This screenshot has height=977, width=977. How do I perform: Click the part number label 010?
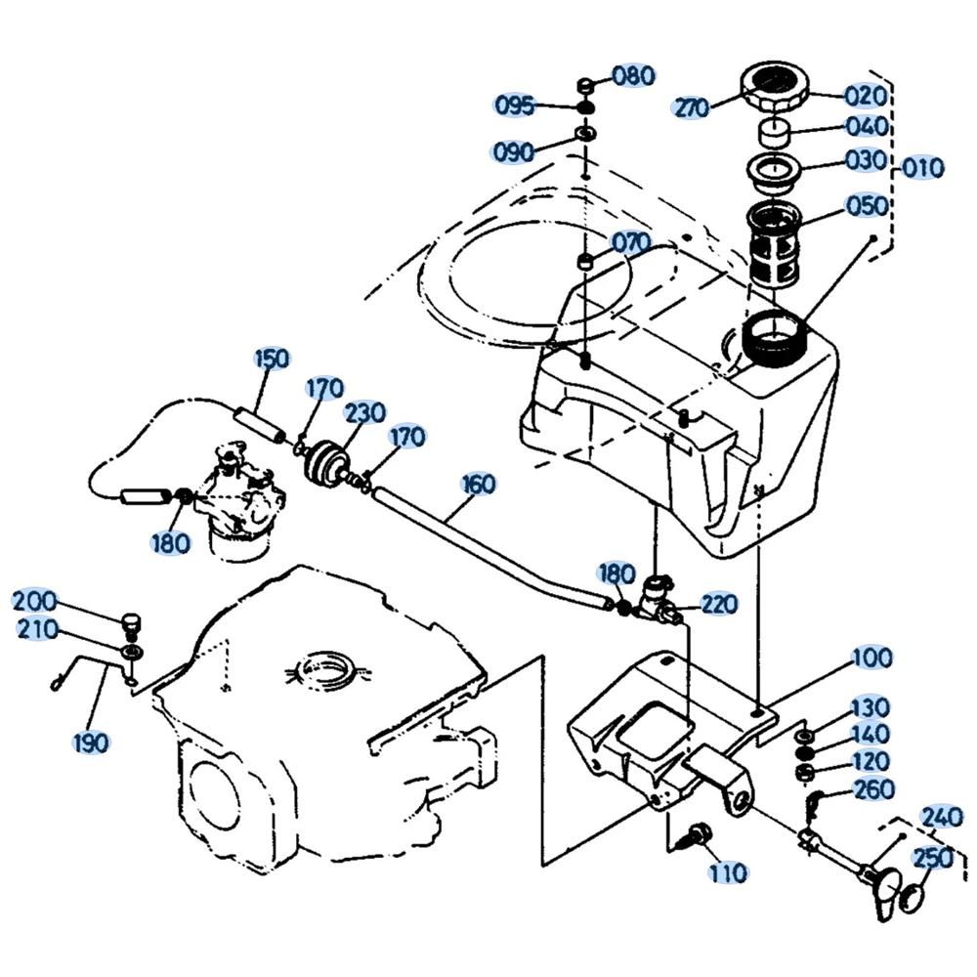(923, 168)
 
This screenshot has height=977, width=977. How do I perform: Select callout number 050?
(867, 206)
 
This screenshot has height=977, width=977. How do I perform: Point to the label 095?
(515, 106)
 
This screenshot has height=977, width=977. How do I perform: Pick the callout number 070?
(632, 242)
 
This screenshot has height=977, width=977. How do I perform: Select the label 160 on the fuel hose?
(479, 485)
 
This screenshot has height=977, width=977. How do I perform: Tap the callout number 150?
(273, 359)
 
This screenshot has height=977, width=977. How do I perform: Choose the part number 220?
(719, 604)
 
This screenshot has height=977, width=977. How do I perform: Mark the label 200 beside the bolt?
(35, 601)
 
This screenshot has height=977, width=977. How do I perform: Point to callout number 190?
(91, 743)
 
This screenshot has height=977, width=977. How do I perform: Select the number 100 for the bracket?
(871, 658)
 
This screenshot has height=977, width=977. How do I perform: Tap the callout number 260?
(874, 788)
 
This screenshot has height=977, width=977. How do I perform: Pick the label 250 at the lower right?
(933, 859)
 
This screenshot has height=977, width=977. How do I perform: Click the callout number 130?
(871, 707)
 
